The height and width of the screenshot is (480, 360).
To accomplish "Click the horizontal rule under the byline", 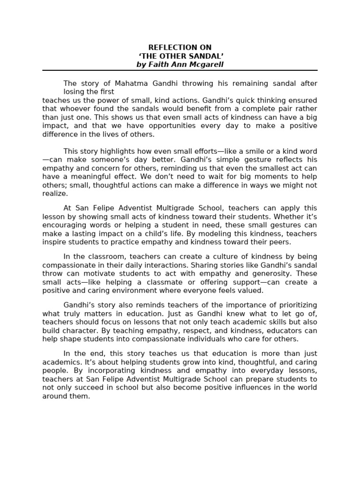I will pyautogui.click(x=180, y=70).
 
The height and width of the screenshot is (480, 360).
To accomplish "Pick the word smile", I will pyautogui.click(x=253, y=151).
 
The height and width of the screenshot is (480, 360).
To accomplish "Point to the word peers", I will pyautogui.click(x=280, y=242).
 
